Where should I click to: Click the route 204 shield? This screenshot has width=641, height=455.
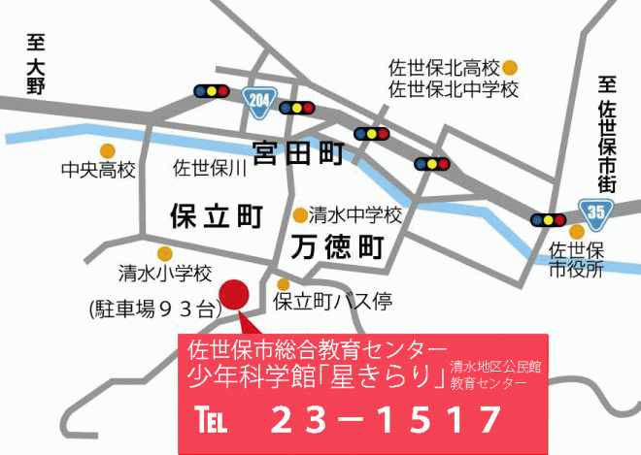259,100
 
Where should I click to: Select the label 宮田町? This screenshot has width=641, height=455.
300,152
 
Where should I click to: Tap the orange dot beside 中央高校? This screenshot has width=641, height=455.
108,150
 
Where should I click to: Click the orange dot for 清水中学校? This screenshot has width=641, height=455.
300,214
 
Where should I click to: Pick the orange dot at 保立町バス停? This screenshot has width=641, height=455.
284,284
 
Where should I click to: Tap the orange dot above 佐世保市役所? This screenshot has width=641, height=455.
577,232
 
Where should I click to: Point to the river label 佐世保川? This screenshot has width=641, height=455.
211,169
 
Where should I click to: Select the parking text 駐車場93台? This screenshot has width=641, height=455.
152,309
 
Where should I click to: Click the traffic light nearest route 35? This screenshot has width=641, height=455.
549,219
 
